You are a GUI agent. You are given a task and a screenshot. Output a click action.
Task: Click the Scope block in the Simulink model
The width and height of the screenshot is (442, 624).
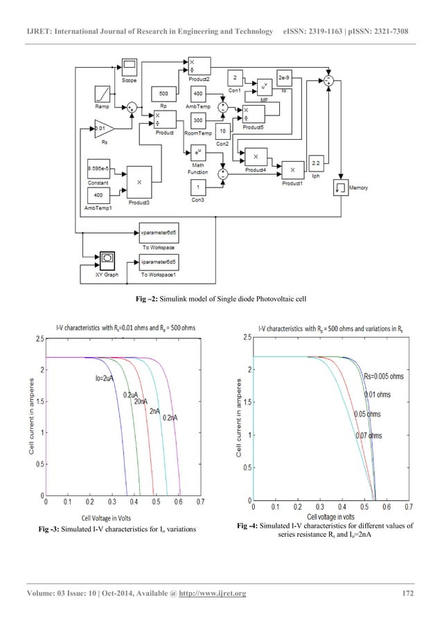[x=130, y=68]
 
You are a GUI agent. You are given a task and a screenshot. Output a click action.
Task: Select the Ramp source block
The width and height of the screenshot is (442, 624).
[x=101, y=93]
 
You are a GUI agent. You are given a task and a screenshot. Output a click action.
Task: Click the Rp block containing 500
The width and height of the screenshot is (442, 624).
[x=163, y=93]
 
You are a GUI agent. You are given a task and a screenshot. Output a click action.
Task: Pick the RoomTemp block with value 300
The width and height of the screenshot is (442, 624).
[x=197, y=120]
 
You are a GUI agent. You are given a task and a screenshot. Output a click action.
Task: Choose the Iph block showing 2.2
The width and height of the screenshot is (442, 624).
[x=316, y=164]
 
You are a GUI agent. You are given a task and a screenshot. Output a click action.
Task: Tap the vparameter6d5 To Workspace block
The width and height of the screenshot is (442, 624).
[x=158, y=233]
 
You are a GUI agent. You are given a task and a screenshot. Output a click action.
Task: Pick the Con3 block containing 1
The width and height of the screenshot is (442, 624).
[x=197, y=187]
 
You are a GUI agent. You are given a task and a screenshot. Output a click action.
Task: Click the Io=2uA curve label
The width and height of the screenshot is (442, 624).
[x=107, y=378]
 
